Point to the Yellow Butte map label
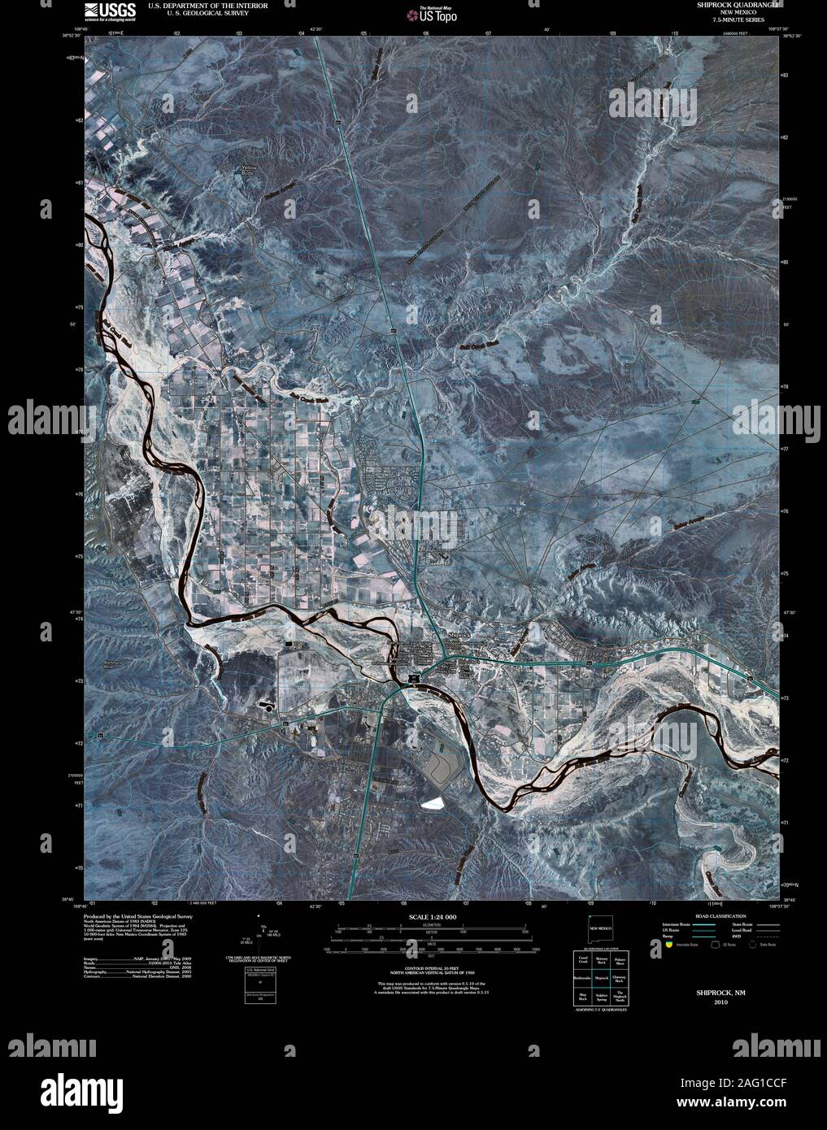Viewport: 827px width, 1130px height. (249, 172)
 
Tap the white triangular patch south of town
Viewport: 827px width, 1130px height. (431, 802)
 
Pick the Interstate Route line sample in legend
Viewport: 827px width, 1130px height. (700, 924)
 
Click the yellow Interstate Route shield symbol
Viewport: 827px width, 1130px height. (669, 945)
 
